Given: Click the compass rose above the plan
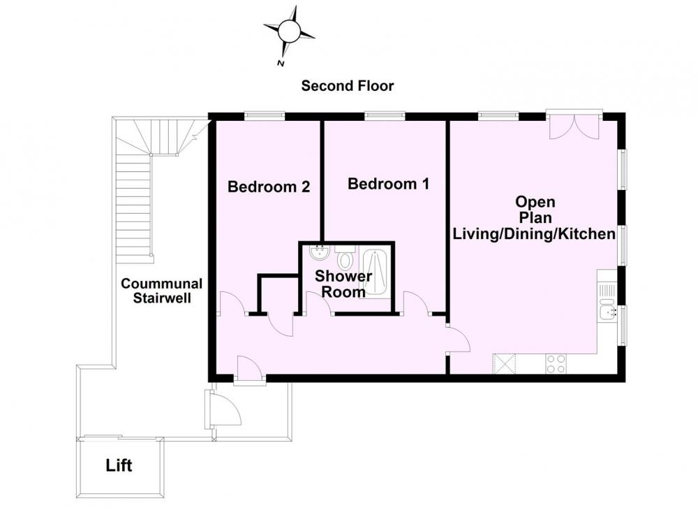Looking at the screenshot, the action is coord(289,31).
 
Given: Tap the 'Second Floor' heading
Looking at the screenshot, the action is coord(347,85).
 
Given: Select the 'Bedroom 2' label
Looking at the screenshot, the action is coord(269,187).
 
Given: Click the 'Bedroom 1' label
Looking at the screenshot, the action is coord(388,184).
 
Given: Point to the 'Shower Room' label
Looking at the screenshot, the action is coord(343,284).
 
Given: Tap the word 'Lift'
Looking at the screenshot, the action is coord(119,465).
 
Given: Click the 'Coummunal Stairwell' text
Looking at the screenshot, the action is coord(162,291).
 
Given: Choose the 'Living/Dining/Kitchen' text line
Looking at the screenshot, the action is coord(534,233).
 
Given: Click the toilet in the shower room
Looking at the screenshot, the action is coord(345,255).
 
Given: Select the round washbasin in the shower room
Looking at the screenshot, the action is coord(319,253).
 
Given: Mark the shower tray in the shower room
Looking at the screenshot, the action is coord(376,272).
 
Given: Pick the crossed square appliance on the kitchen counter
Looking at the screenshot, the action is coord(504,363).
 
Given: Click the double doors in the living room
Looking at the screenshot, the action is coord(574,126).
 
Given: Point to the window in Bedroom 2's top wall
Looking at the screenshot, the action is coord(265,116).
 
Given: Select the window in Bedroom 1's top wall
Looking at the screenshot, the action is coord(385,116).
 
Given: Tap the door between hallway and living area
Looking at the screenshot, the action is coord(459,340).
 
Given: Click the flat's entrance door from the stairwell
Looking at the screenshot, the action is coord(249,369).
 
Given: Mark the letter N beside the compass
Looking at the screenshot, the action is coord(281,64).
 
